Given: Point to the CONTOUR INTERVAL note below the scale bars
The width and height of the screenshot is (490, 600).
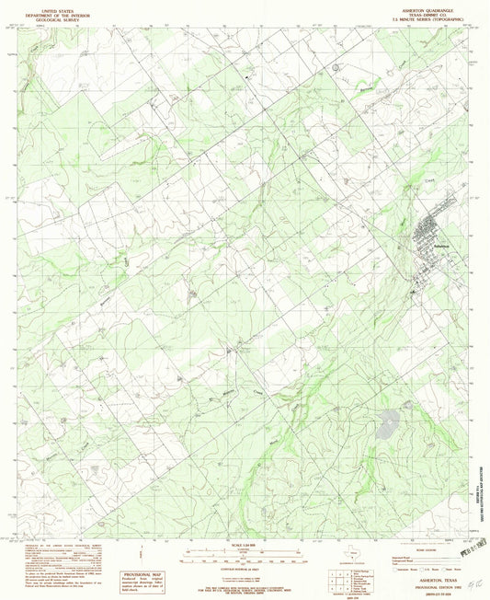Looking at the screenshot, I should click(x=245, y=571).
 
